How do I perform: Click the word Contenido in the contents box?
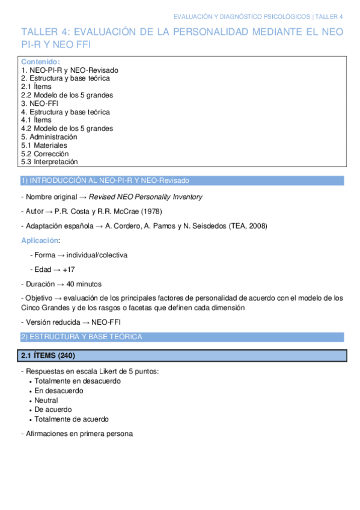click(x=40, y=62)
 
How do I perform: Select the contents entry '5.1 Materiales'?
click(x=44, y=145)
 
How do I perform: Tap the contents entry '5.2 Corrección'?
click(x=44, y=153)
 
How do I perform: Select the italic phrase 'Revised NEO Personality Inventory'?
click(x=145, y=197)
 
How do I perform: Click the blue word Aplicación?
click(x=40, y=240)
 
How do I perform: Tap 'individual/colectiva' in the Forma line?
click(x=97, y=255)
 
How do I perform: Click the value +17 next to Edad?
click(x=69, y=269)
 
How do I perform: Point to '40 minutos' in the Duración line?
click(x=84, y=284)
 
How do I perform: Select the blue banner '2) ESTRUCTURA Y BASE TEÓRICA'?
click(x=82, y=337)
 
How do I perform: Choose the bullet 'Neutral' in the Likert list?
click(x=46, y=400)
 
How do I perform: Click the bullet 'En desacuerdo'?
click(x=59, y=390)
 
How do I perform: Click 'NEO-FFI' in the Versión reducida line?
click(x=106, y=322)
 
